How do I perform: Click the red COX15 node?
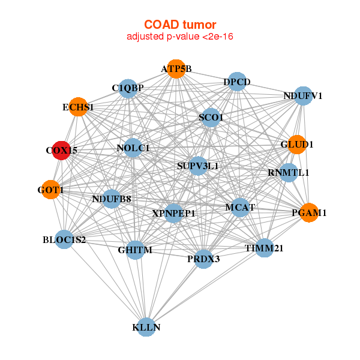pyautogui.click(x=62, y=151)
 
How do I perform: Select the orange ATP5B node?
pyautogui.click(x=176, y=69)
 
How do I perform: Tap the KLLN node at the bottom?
pyautogui.click(x=146, y=327)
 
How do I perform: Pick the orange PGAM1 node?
pyautogui.click(x=309, y=212)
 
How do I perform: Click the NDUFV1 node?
pyautogui.click(x=303, y=95)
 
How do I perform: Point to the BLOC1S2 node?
pyautogui.click(x=64, y=239)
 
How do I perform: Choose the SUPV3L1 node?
pyautogui.click(x=198, y=165)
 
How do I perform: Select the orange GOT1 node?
pyautogui.click(x=51, y=190)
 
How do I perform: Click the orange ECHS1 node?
pyautogui.click(x=78, y=107)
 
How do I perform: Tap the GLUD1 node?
pyautogui.click(x=297, y=145)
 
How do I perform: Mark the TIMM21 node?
pyautogui.click(x=264, y=247)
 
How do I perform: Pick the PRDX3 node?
pyautogui.click(x=204, y=259)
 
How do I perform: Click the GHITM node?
pyautogui.click(x=135, y=250)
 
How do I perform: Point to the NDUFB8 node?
pyautogui.click(x=112, y=199)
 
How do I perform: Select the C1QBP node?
pyautogui.click(x=128, y=89)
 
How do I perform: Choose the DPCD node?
pyautogui.click(x=237, y=82)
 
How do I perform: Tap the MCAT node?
pyautogui.click(x=241, y=208)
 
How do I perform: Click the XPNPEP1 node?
pyautogui.click(x=174, y=212)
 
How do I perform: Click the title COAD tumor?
pyautogui.click(x=180, y=25)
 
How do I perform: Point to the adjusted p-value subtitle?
pyautogui.click(x=180, y=37)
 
